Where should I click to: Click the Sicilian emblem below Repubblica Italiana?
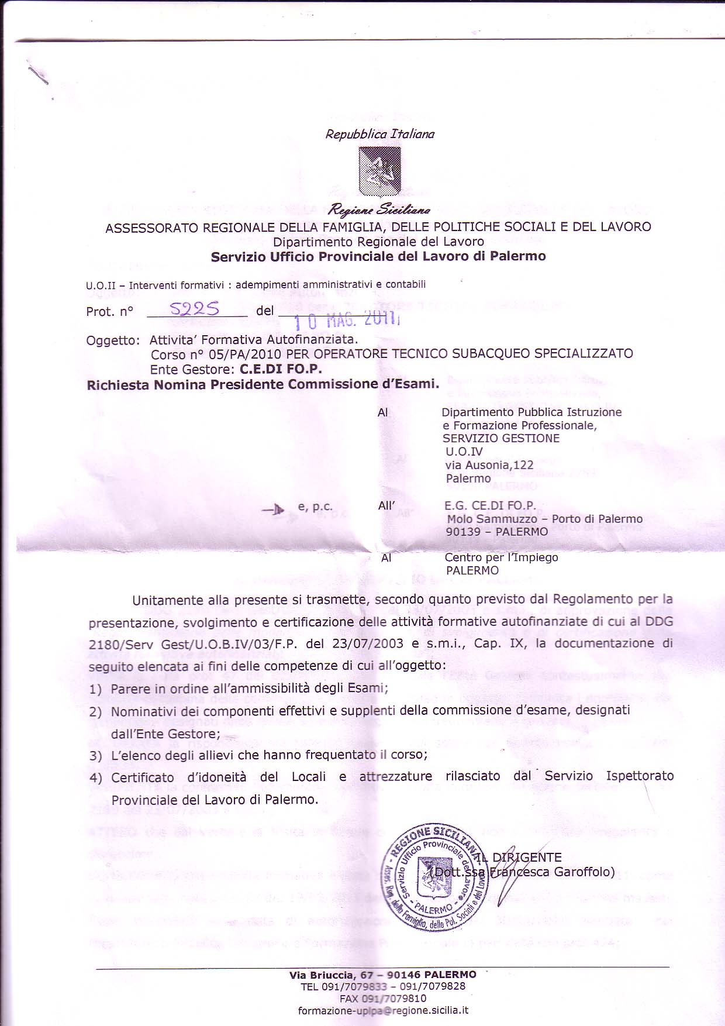click(x=379, y=171)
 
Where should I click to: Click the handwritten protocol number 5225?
click(x=194, y=308)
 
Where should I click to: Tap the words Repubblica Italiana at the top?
click(x=380, y=134)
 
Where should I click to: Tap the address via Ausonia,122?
click(x=489, y=465)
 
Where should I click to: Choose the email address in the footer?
click(x=383, y=1010)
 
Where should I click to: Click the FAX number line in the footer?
click(x=383, y=998)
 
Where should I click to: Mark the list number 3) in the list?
click(x=95, y=756)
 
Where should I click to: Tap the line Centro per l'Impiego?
click(x=501, y=557)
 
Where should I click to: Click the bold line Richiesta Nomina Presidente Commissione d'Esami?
click(x=263, y=384)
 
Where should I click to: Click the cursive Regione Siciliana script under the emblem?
click(x=379, y=209)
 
